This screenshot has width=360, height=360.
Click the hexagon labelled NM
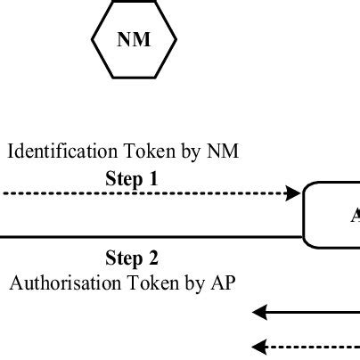pos(135,39)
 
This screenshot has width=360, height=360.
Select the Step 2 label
pos(131,258)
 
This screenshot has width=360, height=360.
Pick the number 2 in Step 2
pos(153,258)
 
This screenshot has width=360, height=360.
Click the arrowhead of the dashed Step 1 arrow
pos(294,193)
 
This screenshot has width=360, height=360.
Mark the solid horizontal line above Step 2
pos(151,237)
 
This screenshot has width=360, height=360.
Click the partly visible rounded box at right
pos(334,215)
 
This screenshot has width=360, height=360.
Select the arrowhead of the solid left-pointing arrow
pos(259,312)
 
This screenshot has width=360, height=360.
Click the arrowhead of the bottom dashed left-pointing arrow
pos(259,346)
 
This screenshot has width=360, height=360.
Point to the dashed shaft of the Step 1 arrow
pos(143,193)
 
